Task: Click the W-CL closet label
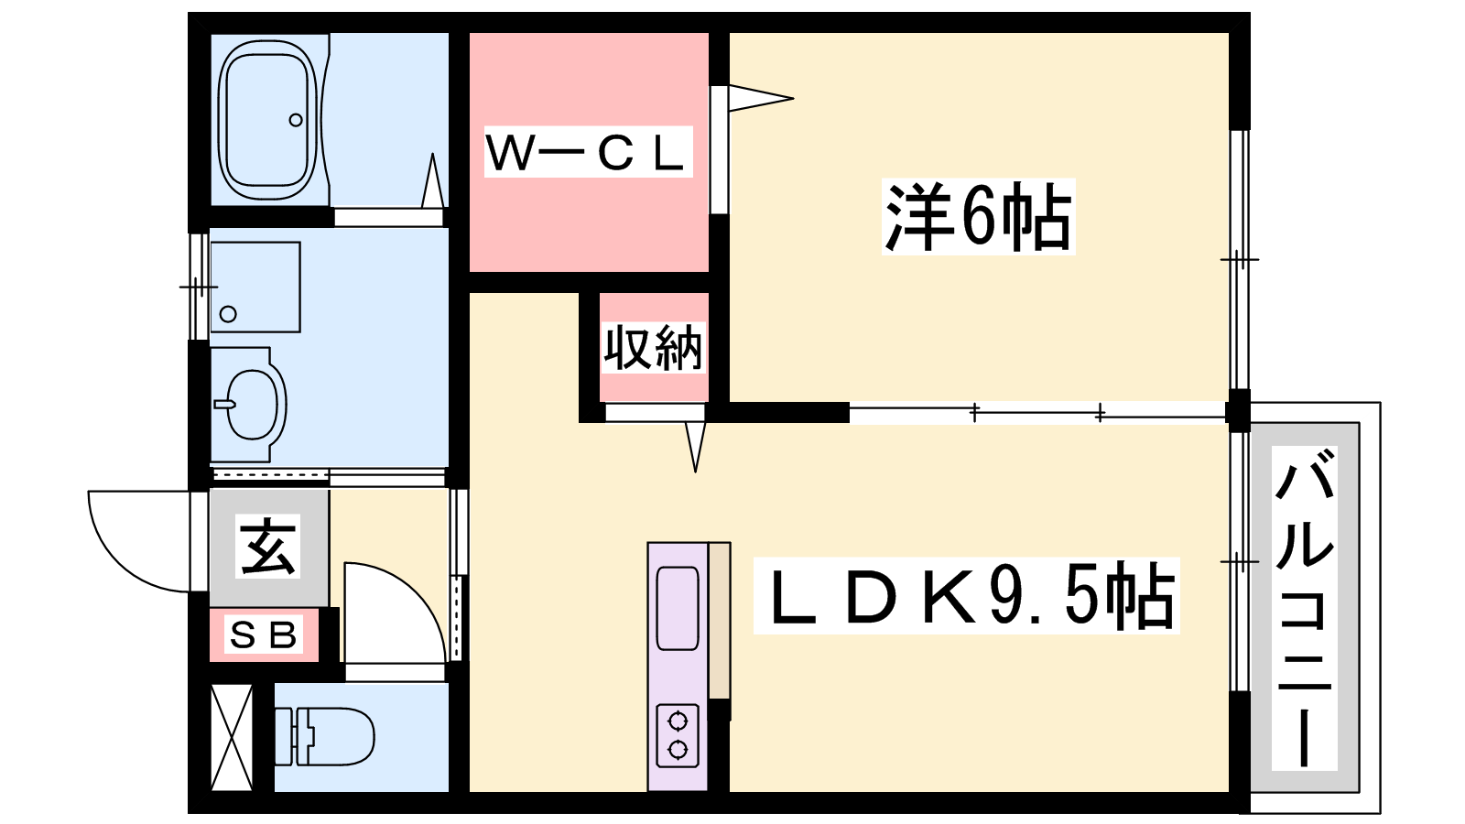[x=587, y=152]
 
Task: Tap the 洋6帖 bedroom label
[x=977, y=218]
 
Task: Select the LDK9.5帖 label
[x=967, y=596]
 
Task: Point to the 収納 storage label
[x=653, y=348]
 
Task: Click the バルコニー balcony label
[x=1304, y=608]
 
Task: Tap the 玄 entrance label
[x=268, y=547]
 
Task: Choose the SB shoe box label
[x=264, y=634]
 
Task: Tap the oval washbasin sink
[x=251, y=404]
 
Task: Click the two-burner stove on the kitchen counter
[x=678, y=735]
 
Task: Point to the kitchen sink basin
[x=678, y=608]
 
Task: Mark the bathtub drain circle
[x=296, y=120]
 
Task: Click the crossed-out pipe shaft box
[x=231, y=737]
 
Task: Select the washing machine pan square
[x=255, y=287]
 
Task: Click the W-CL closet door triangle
[x=758, y=97]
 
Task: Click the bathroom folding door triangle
[x=433, y=183]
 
